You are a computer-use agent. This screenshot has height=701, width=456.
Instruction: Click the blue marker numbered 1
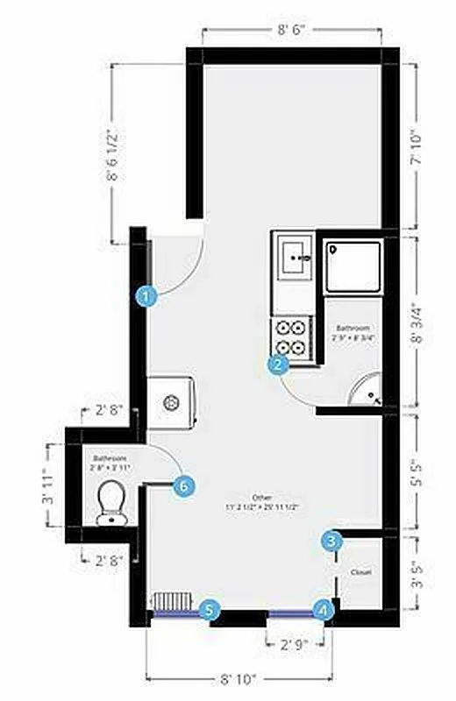coord(147,296)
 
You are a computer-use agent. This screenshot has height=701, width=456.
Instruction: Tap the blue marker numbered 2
coord(279,365)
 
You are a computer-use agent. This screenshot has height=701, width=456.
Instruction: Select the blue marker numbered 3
coord(331,541)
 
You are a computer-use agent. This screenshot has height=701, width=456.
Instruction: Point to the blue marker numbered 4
coord(324,609)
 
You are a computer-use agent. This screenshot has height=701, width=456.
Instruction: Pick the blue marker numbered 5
coord(209,610)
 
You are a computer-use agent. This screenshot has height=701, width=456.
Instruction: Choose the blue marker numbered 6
coord(183,485)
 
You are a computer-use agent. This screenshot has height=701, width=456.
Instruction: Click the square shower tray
coord(353,266)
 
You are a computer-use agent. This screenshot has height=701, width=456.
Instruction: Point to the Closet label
coord(360,572)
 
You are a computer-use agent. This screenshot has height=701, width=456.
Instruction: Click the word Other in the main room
coord(255,497)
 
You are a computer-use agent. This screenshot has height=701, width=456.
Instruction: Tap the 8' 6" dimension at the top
coord(291,31)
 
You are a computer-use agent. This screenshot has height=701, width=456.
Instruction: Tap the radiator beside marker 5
coord(172,602)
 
